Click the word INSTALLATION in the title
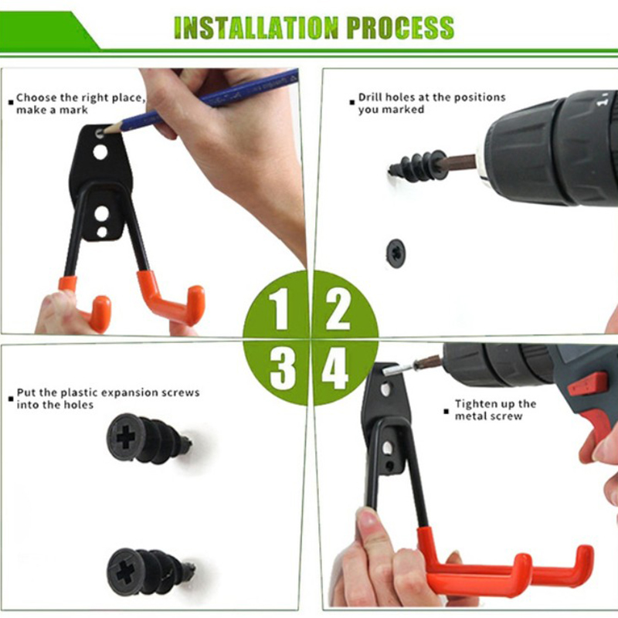coord(256,28)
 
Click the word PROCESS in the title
coord(400,28)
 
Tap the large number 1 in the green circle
coord(280,308)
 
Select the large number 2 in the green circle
coord(338,309)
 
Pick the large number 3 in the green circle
coord(283,369)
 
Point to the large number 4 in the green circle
coord(335,368)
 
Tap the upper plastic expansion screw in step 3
coord(148,439)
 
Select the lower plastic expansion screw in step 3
coord(151,572)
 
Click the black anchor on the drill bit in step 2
coord(417,166)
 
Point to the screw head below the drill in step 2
coord(396,253)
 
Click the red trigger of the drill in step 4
coord(589,383)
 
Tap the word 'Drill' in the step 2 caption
coord(371,97)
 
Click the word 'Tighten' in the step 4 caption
coord(474,404)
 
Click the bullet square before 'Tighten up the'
coord(446,412)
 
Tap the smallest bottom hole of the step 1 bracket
coord(102,233)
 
